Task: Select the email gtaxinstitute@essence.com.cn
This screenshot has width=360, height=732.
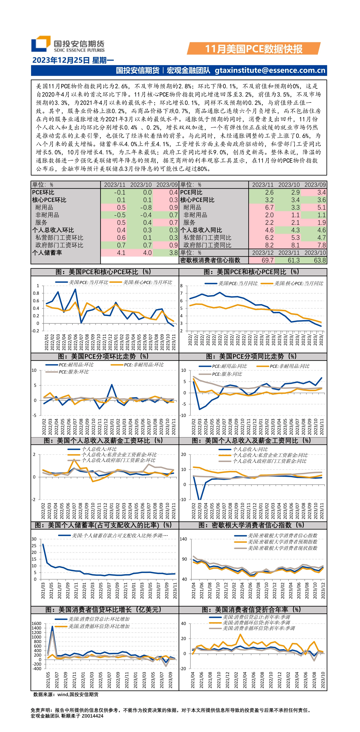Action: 270,71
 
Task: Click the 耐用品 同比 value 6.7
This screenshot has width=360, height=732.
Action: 269,207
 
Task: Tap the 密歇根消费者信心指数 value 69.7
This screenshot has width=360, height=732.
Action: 267,260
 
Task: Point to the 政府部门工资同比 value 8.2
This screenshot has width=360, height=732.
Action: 269,245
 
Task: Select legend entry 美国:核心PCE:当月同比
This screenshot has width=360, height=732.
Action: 298,283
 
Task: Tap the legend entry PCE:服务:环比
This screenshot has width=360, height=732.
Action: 73,372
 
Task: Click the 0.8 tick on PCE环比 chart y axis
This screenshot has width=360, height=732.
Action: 36,293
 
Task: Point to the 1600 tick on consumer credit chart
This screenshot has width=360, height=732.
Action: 36,623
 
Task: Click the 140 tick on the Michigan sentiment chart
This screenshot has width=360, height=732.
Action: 183,539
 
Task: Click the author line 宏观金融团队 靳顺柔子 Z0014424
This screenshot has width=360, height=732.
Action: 67,716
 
